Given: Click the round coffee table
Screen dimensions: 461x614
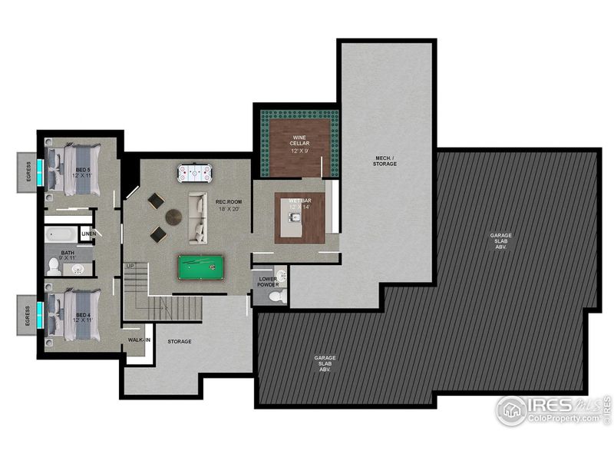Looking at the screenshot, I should pyautogui.click(x=174, y=217).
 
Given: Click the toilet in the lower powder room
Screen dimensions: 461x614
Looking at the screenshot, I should pyautogui.click(x=277, y=296).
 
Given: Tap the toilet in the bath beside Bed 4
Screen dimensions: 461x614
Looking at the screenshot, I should pyautogui.click(x=54, y=266).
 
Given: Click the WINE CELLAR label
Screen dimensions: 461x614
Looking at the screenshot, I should pyautogui.click(x=299, y=142).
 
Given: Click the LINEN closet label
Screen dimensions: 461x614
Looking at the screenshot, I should pyautogui.click(x=88, y=234).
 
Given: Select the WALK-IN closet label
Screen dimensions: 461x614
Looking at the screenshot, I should pyautogui.click(x=138, y=339).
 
